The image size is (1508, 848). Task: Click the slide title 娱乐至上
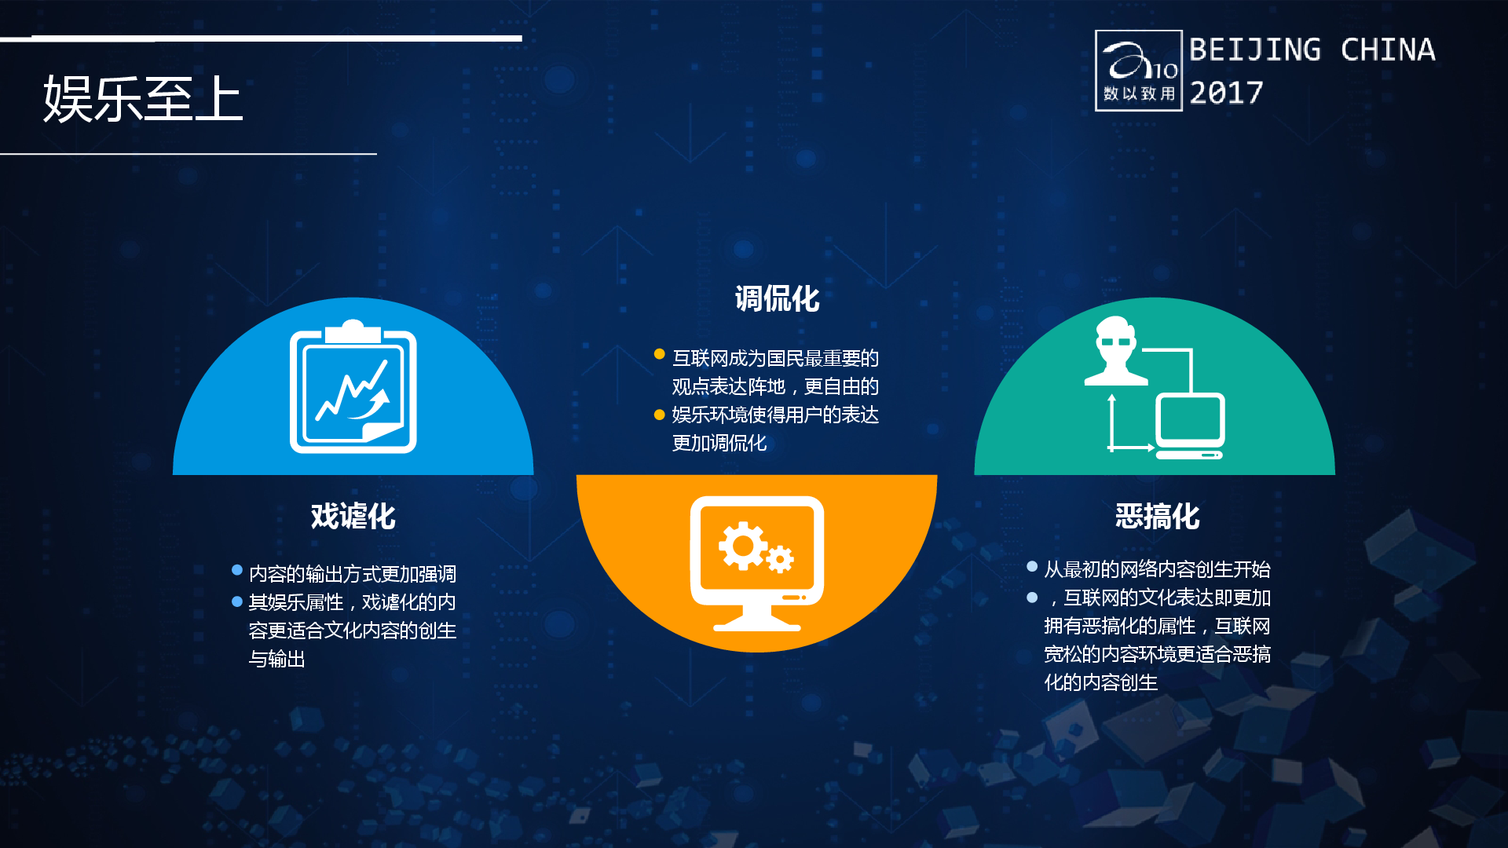point(143,99)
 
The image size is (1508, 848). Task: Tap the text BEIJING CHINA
point(1312,50)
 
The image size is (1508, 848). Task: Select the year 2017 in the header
point(1226,93)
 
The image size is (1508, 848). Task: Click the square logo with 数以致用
point(1139,71)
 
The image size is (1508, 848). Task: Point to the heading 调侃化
point(777,299)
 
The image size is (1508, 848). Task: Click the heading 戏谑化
point(353,517)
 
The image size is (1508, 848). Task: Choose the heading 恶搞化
point(1158,517)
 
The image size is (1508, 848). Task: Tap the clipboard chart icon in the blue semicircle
point(353,386)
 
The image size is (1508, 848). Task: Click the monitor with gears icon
point(757,564)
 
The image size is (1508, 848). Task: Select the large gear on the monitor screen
point(742,546)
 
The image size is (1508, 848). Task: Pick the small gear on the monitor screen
point(780,559)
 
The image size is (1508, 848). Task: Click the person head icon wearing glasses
point(1115,350)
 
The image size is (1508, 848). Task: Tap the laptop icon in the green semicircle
point(1190,426)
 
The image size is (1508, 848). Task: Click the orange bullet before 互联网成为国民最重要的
point(660,354)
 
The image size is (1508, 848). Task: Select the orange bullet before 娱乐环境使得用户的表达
point(660,415)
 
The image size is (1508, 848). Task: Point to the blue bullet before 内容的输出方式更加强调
point(237,570)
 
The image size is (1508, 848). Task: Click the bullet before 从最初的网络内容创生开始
point(1032,566)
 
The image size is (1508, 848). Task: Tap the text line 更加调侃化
point(719,443)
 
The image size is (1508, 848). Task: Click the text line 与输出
point(277,659)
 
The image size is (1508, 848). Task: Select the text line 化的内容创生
point(1101,682)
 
